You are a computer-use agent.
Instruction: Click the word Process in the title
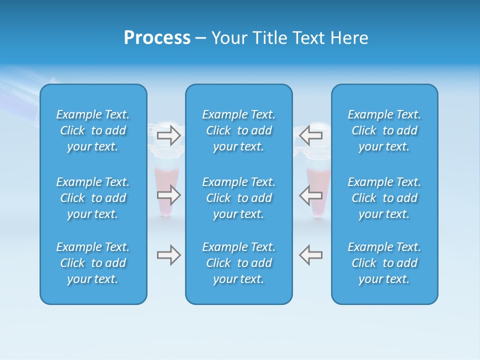tap(157, 38)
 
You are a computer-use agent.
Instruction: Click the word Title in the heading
tap(270, 38)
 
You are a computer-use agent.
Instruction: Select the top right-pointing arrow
tap(169, 135)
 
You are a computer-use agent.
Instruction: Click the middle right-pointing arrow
tap(169, 194)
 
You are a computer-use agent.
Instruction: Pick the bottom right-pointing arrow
tap(169, 255)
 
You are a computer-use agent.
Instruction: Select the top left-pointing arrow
tap(310, 134)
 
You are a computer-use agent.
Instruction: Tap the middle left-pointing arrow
tap(310, 194)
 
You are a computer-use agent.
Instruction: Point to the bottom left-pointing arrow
tap(310, 255)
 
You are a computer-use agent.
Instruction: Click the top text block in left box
tap(93, 130)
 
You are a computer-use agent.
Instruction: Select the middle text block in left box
tap(93, 198)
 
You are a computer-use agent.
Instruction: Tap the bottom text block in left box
tap(93, 263)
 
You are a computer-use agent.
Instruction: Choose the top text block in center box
tap(238, 130)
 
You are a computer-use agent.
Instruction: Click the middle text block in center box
tap(238, 198)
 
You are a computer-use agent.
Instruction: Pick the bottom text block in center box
tap(238, 263)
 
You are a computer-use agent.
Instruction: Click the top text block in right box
tap(384, 130)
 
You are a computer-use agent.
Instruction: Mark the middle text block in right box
tap(384, 198)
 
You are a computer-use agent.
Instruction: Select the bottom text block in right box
tap(384, 263)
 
